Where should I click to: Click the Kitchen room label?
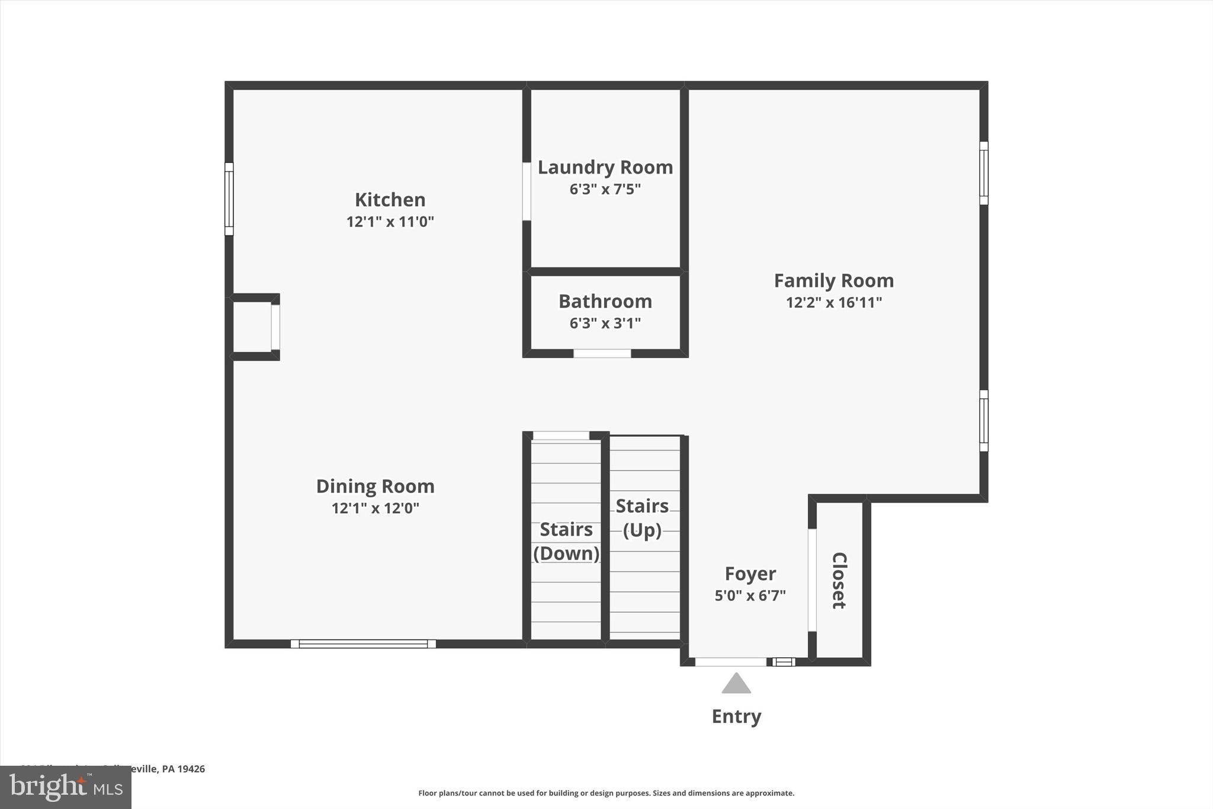click(390, 200)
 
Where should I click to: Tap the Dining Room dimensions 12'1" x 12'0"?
click(375, 508)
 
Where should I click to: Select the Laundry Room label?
click(605, 168)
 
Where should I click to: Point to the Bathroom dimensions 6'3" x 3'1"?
click(605, 323)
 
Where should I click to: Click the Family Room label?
click(833, 280)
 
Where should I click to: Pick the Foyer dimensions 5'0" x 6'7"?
click(750, 595)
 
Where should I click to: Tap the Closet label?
click(839, 580)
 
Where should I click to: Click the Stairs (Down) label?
click(566, 541)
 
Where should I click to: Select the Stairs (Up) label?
click(642, 517)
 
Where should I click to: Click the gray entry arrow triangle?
click(736, 684)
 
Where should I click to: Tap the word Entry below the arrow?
click(736, 717)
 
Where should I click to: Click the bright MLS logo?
click(66, 787)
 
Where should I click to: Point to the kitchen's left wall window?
click(229, 199)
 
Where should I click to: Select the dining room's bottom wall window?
click(363, 644)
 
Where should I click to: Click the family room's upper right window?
click(983, 173)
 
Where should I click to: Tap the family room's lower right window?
click(983, 421)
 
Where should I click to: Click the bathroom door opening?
click(602, 353)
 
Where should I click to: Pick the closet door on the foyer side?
click(812, 580)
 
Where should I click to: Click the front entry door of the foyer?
click(730, 661)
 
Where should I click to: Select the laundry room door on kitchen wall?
click(527, 191)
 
